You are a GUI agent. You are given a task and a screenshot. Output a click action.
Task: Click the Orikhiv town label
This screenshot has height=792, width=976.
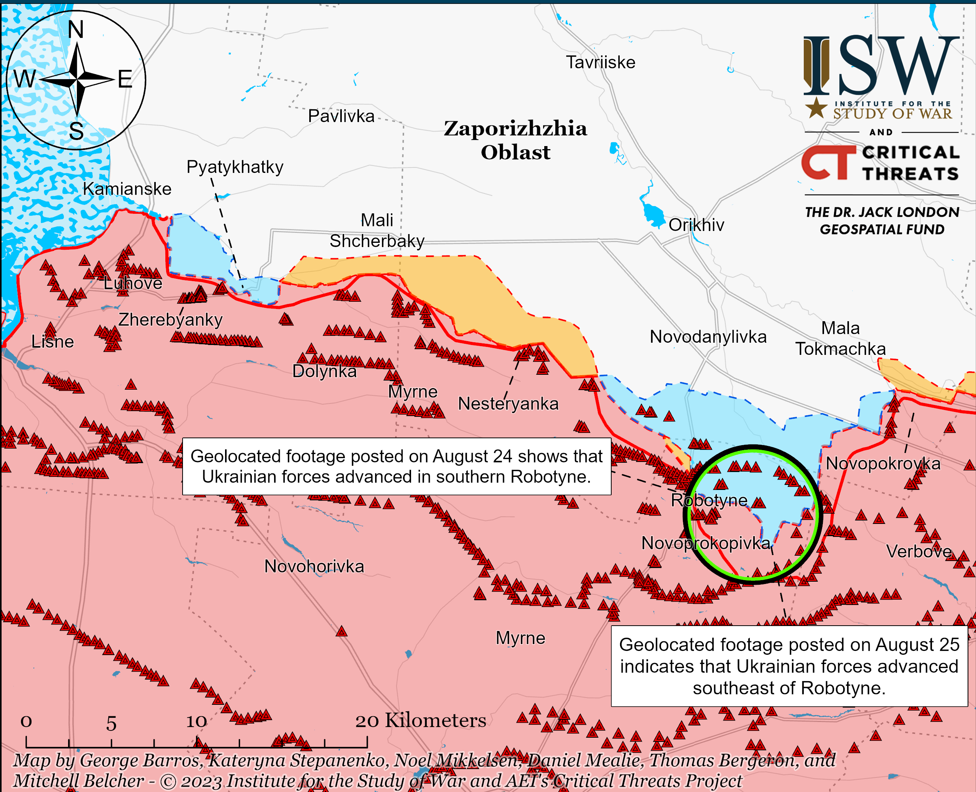tap(696, 225)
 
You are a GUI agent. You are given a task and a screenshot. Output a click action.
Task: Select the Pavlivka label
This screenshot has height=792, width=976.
tap(341, 116)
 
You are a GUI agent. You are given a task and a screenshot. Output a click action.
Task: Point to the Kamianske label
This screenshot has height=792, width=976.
tap(127, 189)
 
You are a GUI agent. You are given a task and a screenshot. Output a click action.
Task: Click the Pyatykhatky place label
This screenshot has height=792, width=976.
tap(235, 167)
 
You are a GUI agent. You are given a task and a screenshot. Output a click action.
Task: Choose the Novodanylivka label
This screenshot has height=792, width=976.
tap(708, 337)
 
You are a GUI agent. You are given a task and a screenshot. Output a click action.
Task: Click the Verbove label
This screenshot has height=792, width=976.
tap(919, 551)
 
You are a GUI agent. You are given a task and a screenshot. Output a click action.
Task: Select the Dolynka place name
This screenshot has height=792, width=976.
tap(324, 371)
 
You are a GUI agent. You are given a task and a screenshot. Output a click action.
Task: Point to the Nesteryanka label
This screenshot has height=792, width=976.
tap(508, 404)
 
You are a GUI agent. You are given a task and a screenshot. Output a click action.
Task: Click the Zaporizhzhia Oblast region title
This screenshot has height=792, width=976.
tap(516, 140)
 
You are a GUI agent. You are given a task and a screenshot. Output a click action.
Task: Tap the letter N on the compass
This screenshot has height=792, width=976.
tap(76, 30)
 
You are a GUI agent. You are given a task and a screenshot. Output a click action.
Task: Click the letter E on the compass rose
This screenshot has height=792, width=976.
tap(125, 80)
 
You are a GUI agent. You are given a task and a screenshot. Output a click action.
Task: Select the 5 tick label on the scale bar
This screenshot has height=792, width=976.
tap(111, 724)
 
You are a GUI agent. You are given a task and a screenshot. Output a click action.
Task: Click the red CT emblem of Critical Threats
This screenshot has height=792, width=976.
tap(828, 163)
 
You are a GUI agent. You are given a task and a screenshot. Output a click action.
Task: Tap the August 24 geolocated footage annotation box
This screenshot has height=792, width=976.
tap(396, 466)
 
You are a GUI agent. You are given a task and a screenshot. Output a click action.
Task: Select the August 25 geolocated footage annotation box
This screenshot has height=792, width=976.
tap(789, 666)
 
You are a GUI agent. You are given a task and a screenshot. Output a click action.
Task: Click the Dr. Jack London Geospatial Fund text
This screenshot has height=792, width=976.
tap(882, 221)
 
